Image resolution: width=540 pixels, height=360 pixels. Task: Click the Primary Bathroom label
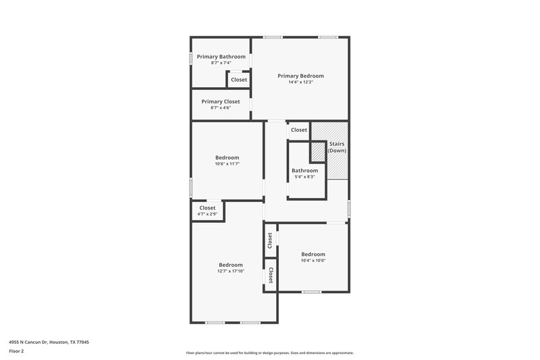tap(221, 57)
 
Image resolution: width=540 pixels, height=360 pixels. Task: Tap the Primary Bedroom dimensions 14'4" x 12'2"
tap(300, 82)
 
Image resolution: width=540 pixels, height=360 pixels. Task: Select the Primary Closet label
tap(221, 101)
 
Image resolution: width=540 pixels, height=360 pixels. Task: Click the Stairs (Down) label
tap(337, 147)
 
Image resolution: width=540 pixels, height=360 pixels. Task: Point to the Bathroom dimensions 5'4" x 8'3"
tap(305, 177)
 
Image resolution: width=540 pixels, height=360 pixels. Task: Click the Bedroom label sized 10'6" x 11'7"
tap(227, 157)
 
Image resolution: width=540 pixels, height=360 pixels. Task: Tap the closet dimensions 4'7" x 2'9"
tap(207, 214)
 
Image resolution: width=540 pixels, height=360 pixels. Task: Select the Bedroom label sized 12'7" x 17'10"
tap(231, 265)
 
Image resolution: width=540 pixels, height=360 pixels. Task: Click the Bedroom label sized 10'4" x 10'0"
tap(313, 254)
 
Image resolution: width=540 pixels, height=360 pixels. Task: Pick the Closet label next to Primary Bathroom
tap(239, 80)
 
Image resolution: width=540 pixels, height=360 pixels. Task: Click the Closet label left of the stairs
tap(298, 130)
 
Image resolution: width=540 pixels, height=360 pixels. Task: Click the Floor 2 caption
tap(17, 351)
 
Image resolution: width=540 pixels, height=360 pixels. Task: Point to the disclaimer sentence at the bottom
tap(270, 353)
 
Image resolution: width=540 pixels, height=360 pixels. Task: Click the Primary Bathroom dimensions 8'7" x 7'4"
tap(221, 63)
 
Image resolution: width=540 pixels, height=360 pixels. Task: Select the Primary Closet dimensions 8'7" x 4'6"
tap(221, 107)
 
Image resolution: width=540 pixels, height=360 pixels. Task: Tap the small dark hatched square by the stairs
tap(317, 152)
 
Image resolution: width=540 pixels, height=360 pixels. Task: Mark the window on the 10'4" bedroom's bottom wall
tap(311, 292)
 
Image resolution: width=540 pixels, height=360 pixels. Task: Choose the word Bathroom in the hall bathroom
tap(305, 171)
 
